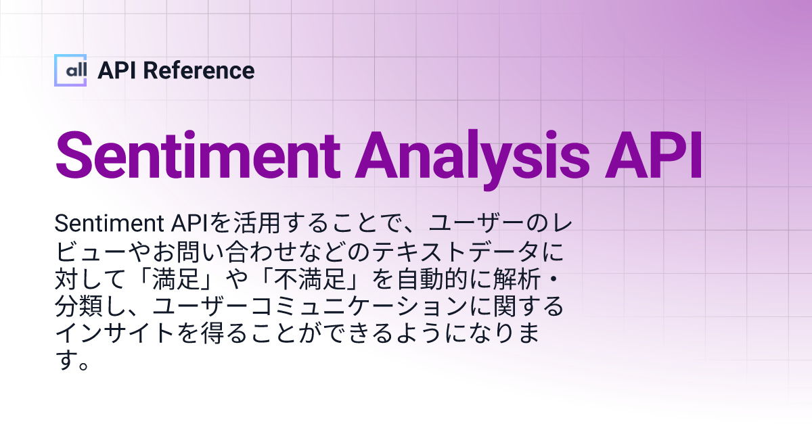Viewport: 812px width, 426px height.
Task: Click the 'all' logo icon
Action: click(x=70, y=70)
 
